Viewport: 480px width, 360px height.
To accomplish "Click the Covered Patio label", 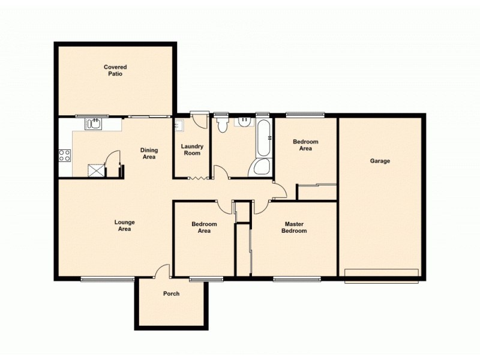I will click(115, 70).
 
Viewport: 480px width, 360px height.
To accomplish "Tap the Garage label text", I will click(380, 161).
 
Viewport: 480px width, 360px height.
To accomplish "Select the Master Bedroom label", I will click(295, 227).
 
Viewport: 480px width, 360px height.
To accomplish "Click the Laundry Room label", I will click(193, 149).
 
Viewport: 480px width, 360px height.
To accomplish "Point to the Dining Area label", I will click(148, 153).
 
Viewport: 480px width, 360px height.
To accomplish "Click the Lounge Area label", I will click(124, 225).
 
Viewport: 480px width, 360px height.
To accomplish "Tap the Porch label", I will click(171, 294).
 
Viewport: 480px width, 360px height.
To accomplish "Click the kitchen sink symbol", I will click(93, 124).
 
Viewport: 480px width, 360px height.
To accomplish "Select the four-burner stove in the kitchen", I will click(65, 156).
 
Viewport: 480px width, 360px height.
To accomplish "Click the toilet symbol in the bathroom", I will click(221, 124).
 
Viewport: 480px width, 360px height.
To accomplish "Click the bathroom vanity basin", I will click(244, 122).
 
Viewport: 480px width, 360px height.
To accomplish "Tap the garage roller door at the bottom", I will click(382, 275).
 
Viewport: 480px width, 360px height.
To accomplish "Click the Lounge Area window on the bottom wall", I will click(107, 278).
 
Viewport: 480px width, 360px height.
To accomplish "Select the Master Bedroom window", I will click(296, 278).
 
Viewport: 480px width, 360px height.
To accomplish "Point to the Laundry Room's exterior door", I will click(199, 119).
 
